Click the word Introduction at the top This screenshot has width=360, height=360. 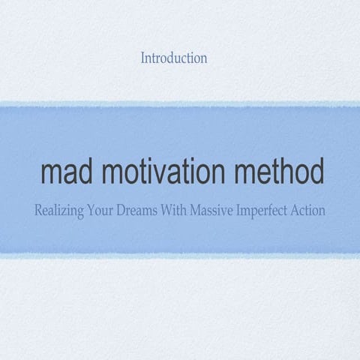[173, 58]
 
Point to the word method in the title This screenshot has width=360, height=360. [277, 172]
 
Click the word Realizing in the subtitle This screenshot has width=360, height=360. [61, 211]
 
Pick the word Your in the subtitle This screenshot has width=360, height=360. [106, 211]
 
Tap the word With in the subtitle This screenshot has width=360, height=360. [184, 211]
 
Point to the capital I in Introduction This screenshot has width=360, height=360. [142, 58]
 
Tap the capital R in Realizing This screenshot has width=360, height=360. [38, 211]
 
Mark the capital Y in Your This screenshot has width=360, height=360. [95, 211]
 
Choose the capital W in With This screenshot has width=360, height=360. [177, 211]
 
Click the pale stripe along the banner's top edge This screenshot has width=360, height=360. [180, 103]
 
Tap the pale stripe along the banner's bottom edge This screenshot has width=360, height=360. [180, 256]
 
